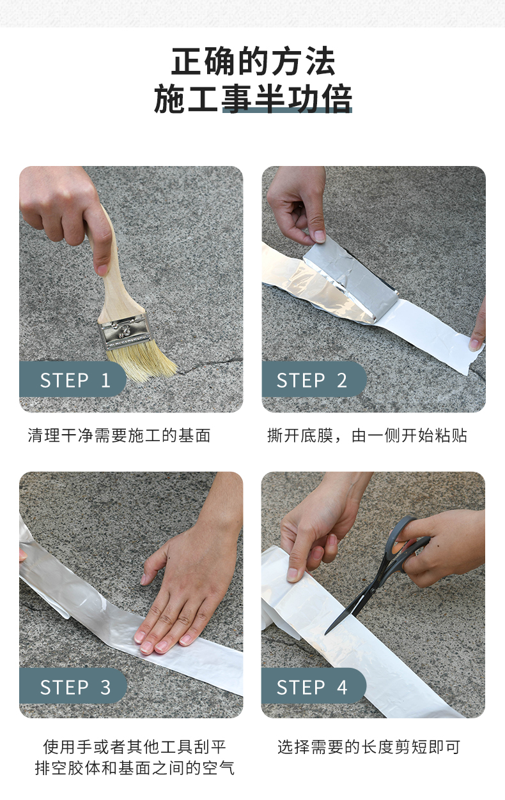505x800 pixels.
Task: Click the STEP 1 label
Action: click(75, 380)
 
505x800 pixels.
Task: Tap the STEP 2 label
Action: click(311, 380)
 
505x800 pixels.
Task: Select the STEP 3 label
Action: click(75, 687)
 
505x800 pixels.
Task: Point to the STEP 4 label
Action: click(311, 687)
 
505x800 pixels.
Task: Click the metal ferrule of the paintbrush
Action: click(124, 331)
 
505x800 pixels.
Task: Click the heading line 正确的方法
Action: click(253, 61)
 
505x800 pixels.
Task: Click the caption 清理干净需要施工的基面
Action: click(119, 435)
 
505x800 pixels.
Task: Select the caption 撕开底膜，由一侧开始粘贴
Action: click(367, 435)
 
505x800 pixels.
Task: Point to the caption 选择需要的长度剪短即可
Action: click(369, 747)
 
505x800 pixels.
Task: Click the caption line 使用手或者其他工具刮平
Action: click(134, 747)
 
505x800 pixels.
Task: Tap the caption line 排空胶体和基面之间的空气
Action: click(134, 768)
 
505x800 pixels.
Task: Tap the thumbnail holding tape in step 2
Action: click(320, 236)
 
